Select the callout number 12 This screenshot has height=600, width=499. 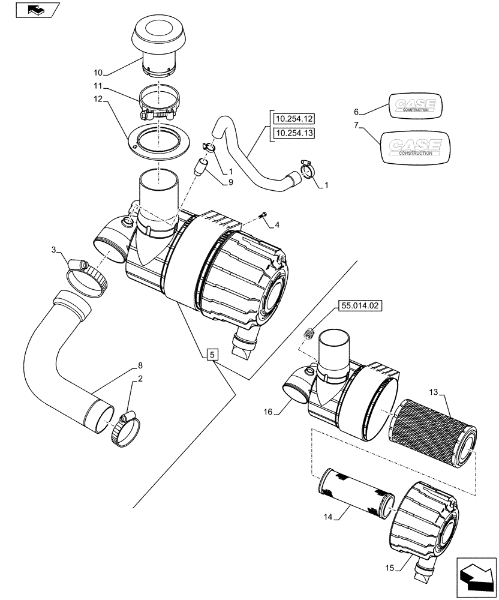pos(98,98)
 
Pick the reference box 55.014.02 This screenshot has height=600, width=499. pos(359,305)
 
